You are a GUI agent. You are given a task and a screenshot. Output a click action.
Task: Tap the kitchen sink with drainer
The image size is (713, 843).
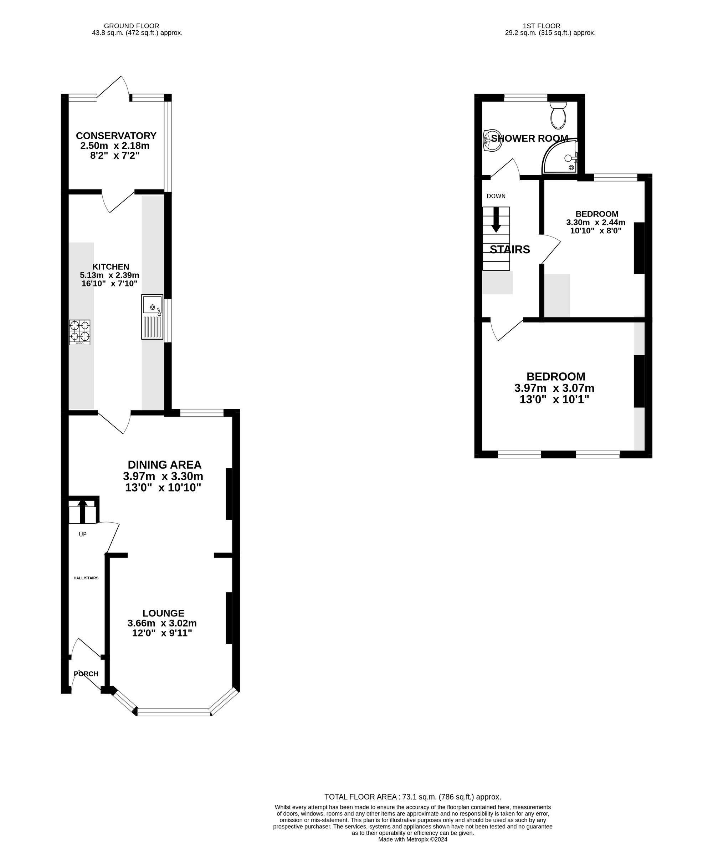coord(152,317)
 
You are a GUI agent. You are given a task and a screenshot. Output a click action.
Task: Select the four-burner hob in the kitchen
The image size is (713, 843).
coord(79,332)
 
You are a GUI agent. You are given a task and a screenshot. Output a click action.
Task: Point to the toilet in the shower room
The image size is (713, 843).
coord(559,115)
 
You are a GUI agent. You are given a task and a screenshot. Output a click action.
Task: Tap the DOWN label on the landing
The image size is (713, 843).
coord(496,196)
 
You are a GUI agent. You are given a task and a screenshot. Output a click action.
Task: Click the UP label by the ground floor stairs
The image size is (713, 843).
coord(82,534)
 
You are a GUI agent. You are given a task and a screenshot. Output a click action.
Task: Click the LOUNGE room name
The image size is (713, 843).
coord(163,613)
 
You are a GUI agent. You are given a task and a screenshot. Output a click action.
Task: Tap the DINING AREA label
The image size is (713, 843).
coord(164,465)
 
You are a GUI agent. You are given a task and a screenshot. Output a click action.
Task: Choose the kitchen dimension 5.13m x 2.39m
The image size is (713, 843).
coord(109,275)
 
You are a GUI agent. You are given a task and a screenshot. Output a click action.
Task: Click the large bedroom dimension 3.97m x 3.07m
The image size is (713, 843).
coord(554,389)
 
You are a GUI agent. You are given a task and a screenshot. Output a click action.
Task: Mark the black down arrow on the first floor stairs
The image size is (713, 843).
coord(496,220)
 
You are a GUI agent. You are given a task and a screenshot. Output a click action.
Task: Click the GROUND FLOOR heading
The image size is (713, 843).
coord(131,26)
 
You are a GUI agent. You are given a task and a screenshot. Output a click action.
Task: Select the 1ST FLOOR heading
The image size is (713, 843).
coord(542,26)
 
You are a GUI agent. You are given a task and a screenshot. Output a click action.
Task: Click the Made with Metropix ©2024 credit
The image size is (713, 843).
coord(413,839)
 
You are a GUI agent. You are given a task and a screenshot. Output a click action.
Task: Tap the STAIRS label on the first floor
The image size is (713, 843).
coord(510,250)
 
